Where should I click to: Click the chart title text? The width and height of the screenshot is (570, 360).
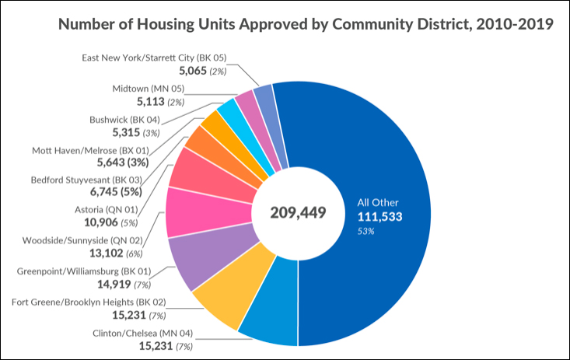click(306, 25)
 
